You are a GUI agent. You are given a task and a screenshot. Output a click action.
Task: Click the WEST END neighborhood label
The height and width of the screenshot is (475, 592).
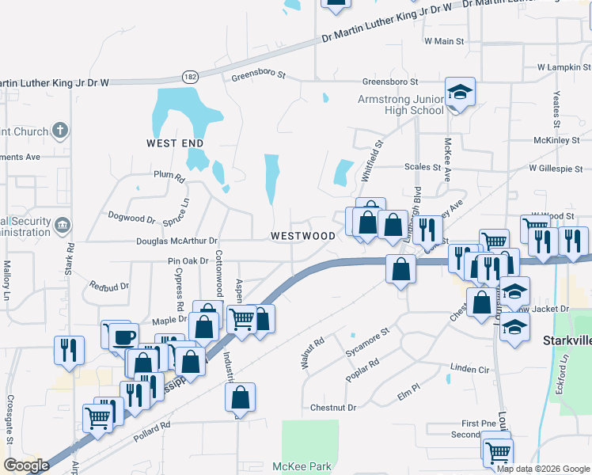point(175,143)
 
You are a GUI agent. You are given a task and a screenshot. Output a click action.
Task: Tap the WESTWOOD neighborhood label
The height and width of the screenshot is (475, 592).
point(303,236)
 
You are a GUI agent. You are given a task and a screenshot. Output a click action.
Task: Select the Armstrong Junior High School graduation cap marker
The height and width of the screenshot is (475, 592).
point(459,93)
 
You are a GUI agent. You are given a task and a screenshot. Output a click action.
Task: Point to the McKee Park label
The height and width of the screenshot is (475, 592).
point(302,466)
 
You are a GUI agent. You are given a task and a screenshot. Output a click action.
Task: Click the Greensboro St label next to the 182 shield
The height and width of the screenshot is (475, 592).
point(258,78)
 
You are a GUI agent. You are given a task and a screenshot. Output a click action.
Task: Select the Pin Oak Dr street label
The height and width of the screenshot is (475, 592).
point(188,260)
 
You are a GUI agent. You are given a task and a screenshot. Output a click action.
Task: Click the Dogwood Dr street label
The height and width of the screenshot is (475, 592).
point(131,218)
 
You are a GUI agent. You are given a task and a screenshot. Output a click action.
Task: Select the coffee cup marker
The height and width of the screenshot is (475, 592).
point(123,337)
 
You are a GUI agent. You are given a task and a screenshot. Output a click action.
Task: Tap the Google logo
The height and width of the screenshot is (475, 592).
point(26,465)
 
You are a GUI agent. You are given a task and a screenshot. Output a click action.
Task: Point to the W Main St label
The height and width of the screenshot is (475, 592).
point(443,40)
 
